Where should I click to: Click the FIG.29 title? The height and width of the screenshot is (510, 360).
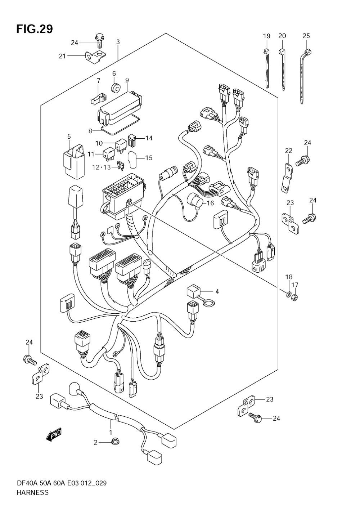[x=34, y=29]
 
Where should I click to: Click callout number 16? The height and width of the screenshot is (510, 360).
[x=211, y=203]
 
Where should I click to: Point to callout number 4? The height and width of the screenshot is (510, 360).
[x=217, y=291]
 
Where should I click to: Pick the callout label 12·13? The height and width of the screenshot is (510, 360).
[x=101, y=167]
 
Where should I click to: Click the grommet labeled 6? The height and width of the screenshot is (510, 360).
[x=116, y=88]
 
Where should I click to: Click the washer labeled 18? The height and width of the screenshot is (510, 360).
[x=288, y=295]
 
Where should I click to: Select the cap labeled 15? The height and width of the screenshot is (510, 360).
[x=132, y=160]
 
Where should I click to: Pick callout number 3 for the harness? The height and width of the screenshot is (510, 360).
[x=118, y=42]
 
